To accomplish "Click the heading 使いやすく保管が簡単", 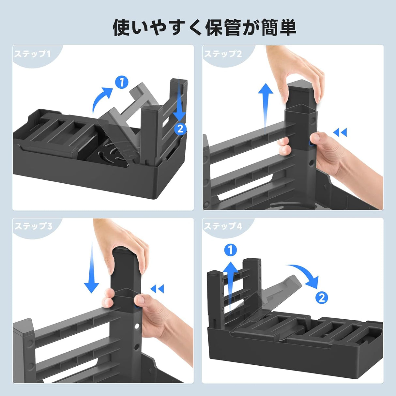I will click(x=205, y=27).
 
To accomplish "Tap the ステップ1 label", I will click(x=32, y=54).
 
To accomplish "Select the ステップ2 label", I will click(x=223, y=54).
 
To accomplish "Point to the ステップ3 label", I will click(x=33, y=226).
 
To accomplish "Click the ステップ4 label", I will click(x=223, y=226).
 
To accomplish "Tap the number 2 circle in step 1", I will click(x=180, y=128).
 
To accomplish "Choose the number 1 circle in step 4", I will click(x=231, y=250).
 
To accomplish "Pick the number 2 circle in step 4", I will click(x=322, y=297).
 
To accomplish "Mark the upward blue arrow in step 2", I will click(x=266, y=104).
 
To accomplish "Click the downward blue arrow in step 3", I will click(x=91, y=267).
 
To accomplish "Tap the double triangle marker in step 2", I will click(x=340, y=132).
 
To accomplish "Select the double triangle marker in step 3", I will click(x=157, y=289).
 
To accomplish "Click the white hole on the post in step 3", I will click(x=137, y=326).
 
